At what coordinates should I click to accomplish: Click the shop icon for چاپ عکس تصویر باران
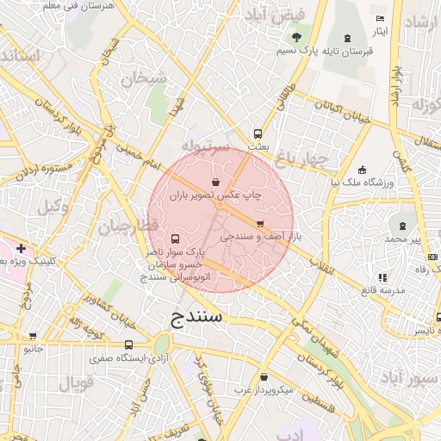click(x=214, y=183)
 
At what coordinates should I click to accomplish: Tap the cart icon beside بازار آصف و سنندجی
click(x=260, y=223)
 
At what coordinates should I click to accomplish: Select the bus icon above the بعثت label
click(x=257, y=134)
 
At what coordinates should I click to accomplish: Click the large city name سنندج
click(x=191, y=318)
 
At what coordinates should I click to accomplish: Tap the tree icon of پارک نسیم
click(x=297, y=37)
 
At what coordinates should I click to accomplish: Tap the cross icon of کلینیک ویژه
click(x=21, y=248)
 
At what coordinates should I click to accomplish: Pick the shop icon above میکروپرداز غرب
click(x=263, y=376)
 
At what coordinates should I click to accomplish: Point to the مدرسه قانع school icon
click(x=382, y=277)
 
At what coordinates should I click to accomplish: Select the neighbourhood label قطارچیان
click(x=127, y=227)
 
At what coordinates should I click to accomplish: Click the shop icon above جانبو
click(x=33, y=336)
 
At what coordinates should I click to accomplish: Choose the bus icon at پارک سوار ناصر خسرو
click(x=176, y=239)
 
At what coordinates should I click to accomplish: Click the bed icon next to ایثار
click(x=381, y=19)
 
